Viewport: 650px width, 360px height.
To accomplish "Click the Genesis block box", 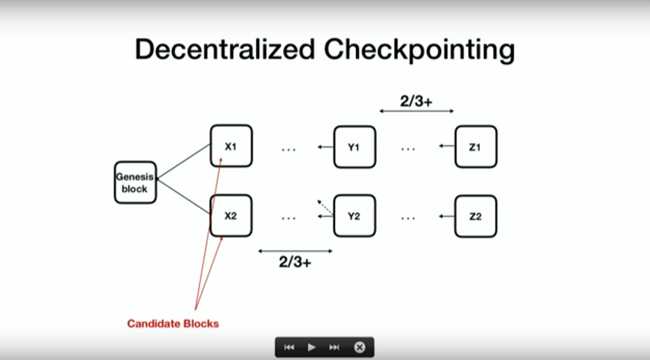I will (135, 183).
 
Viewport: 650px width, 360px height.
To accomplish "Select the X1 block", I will (231, 146).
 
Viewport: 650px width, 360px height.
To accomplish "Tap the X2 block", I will (231, 216).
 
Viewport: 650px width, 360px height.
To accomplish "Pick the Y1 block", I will (354, 147).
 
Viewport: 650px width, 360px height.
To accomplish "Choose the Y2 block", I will (354, 216).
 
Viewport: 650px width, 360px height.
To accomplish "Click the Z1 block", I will (476, 147).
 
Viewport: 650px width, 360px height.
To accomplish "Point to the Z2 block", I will (476, 216).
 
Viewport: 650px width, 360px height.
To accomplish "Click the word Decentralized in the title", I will (225, 50).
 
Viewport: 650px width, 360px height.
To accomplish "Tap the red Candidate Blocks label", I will (173, 323).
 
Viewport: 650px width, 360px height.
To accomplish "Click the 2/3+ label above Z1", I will (416, 101).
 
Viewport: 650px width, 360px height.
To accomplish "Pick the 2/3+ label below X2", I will (295, 262).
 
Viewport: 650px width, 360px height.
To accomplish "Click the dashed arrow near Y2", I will (325, 207).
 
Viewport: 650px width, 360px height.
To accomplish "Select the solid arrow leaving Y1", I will (325, 147).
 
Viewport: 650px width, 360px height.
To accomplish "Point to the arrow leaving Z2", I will (447, 216).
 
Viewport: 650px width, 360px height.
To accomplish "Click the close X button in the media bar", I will (359, 347).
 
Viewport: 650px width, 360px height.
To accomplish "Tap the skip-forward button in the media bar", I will (334, 347).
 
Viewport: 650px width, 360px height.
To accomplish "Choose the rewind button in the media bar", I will (289, 347).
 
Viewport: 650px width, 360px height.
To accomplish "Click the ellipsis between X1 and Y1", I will (289, 149).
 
